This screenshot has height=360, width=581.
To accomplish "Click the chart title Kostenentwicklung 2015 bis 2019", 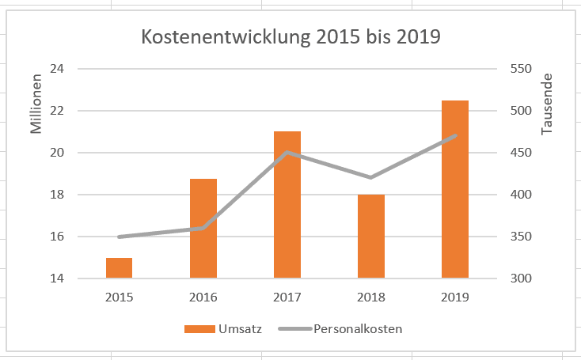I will coord(290,36).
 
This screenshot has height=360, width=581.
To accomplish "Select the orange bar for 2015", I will coord(119,268).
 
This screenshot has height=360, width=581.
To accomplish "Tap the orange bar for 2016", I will coord(203,229).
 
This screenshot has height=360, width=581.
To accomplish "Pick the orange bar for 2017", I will coord(287,205).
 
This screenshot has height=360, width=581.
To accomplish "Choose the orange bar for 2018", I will coord(371,237).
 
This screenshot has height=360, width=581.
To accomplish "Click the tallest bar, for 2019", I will coord(455,190).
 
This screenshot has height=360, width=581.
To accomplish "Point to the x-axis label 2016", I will coord(203,298).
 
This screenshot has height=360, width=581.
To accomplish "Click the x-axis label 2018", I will coord(371,298).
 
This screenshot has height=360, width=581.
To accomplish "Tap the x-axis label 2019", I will coord(455,298).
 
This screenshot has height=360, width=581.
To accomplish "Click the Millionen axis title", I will coord(36,106).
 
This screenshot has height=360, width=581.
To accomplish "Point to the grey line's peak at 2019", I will coord(455,136).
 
